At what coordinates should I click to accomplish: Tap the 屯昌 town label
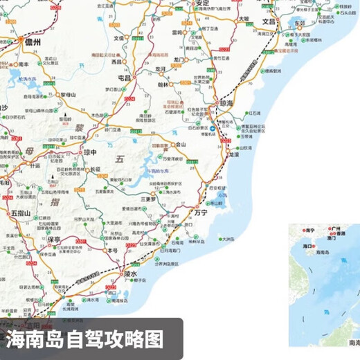click(x=125, y=79)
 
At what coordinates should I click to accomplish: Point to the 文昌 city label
click(x=269, y=22)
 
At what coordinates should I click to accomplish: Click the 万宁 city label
click(x=201, y=214)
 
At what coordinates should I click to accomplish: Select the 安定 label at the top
click(x=201, y=4)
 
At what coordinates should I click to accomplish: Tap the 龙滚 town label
click(x=234, y=156)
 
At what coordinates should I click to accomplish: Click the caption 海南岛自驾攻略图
click(x=86, y=340)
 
